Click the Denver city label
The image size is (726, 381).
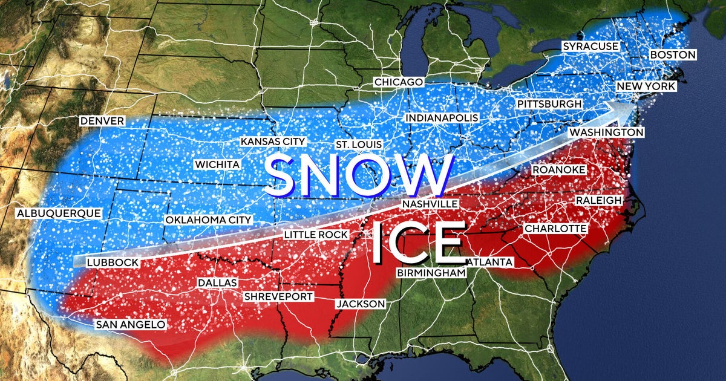(x=102, y=121)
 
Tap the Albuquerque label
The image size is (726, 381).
(x=59, y=213)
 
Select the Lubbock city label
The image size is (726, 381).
(x=113, y=262)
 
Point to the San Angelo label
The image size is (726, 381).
(x=130, y=325)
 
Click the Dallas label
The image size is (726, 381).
(x=217, y=283)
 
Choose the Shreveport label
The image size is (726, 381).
(x=278, y=296)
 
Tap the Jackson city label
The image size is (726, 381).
(x=361, y=304)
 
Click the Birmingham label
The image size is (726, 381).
(x=432, y=273)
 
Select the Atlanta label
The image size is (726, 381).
(x=490, y=262)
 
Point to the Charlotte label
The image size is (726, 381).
(x=555, y=229)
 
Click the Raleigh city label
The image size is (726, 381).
(x=598, y=200)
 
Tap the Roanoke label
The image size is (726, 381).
(x=558, y=170)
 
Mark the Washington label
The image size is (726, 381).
(x=606, y=132)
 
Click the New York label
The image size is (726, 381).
(x=646, y=87)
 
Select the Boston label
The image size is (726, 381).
(x=673, y=54)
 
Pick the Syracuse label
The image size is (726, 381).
(x=590, y=47)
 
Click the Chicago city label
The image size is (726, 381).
(x=398, y=82)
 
